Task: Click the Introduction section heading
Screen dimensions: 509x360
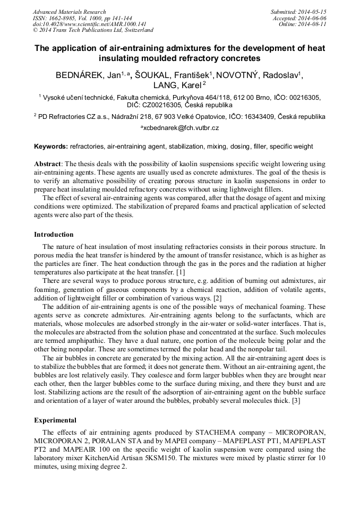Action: pos(54,234)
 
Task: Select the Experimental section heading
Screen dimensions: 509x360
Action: pos(55,420)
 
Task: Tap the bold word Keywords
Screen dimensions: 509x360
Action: pos(50,146)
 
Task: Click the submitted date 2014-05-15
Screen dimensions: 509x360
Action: pos(313,12)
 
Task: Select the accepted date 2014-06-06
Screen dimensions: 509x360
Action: pos(313,18)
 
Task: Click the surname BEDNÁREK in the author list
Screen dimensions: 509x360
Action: pos(80,75)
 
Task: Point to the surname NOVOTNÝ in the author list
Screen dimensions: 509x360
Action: pos(239,75)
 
